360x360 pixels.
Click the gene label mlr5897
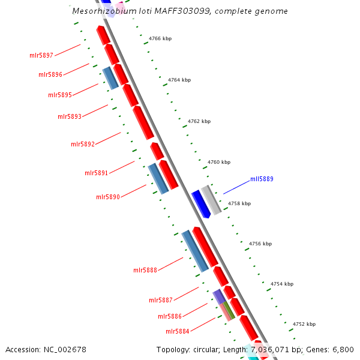pyautogui.click(x=41, y=55)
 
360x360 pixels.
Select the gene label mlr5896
pyautogui.click(x=50, y=74)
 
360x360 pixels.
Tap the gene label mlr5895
pyautogui.click(x=60, y=95)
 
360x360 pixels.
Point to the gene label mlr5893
pyautogui.click(x=70, y=116)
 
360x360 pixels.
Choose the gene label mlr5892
pyautogui.click(x=83, y=144)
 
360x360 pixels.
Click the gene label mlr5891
pyautogui.click(x=96, y=173)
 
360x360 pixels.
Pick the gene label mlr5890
pyautogui.click(x=108, y=197)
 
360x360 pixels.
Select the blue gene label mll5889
pyautogui.click(x=262, y=179)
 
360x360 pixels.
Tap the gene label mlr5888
pyautogui.click(x=145, y=270)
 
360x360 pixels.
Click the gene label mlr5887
pyautogui.click(x=161, y=300)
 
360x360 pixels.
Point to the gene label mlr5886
pyautogui.click(x=170, y=316)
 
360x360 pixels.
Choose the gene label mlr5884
pyautogui.click(x=178, y=331)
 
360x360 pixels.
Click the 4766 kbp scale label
pyautogui.click(x=160, y=39)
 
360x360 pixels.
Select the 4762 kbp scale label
pyautogui.click(x=199, y=121)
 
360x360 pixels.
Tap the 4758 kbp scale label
pyautogui.click(x=239, y=203)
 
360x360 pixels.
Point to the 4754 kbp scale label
pyautogui.click(x=282, y=284)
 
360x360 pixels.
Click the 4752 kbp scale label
pyautogui.click(x=304, y=324)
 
